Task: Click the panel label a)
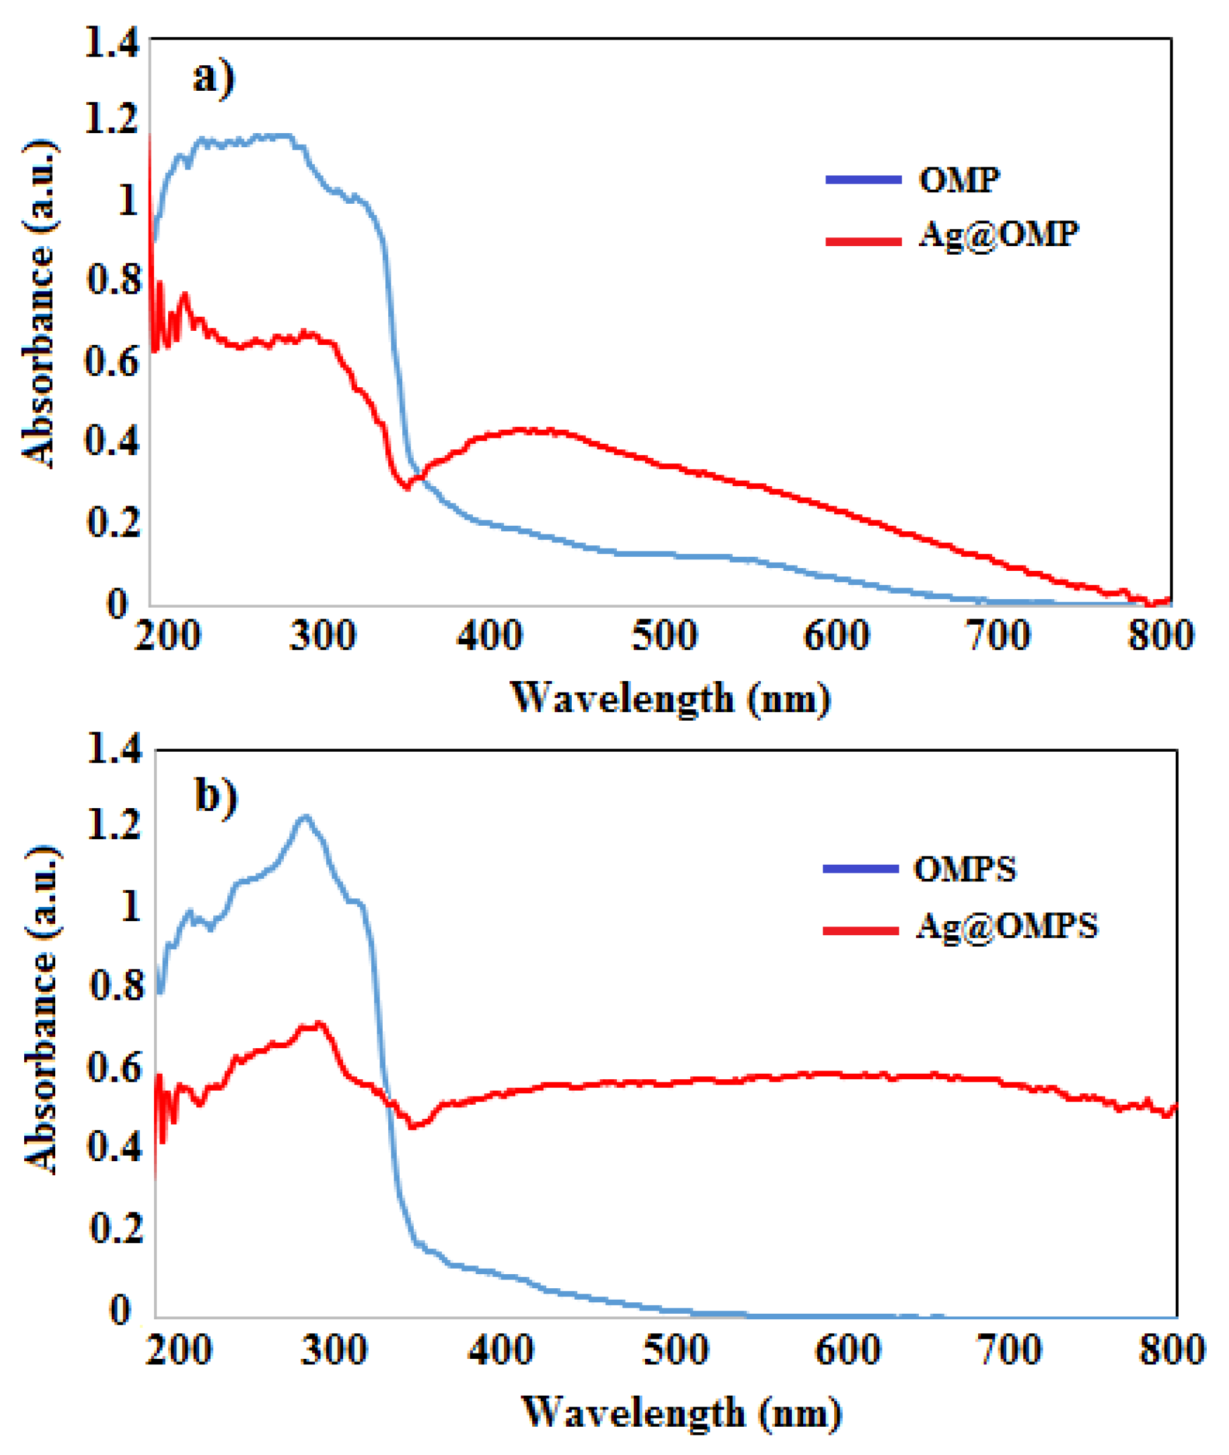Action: pos(214,77)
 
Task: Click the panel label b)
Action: pos(216,795)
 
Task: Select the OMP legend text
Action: pos(959,180)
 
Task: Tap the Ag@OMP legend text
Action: pos(998,235)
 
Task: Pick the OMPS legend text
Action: pos(964,869)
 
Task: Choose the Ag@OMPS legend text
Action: pos(1006,927)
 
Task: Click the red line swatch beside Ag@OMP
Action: pos(863,241)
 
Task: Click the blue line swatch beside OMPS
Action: pos(860,869)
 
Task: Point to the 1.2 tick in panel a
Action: pos(112,119)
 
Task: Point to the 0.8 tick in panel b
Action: pos(116,988)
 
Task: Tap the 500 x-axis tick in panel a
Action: pos(664,636)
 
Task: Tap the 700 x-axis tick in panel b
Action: pos(1010,1351)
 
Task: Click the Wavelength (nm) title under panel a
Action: pos(671,699)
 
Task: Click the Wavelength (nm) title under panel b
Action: pos(681,1413)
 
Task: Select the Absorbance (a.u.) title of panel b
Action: pos(40,1010)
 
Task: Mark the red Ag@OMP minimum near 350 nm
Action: pos(407,487)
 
